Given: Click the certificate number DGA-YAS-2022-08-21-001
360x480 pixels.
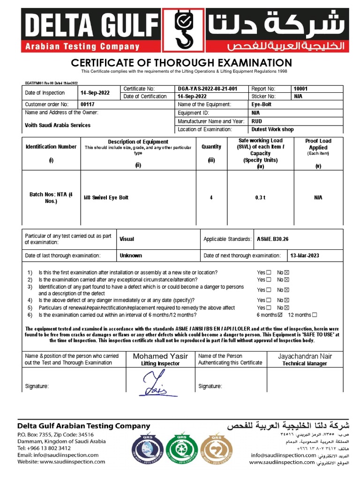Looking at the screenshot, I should [x=207, y=89].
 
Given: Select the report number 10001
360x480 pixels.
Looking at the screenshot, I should [x=300, y=89].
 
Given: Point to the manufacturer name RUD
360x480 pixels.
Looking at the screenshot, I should [x=257, y=121].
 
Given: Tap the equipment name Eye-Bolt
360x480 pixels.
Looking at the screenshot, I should [x=262, y=105].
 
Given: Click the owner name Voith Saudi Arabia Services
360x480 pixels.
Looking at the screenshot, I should [x=58, y=125].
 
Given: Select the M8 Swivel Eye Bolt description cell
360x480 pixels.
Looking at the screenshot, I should [x=106, y=198].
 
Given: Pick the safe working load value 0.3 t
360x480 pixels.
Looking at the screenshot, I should [x=260, y=198].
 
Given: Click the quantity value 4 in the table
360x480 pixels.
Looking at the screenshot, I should [x=211, y=198].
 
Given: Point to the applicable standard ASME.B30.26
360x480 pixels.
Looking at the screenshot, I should [x=273, y=239].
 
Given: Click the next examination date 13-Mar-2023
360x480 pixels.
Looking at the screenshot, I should [x=304, y=255].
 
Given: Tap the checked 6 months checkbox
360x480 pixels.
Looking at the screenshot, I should [x=280, y=315].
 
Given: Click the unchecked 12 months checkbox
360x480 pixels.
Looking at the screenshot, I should [x=315, y=315].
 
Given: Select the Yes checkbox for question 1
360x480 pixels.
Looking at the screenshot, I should [x=269, y=272].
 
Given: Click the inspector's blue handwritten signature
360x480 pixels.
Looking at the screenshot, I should [x=155, y=383].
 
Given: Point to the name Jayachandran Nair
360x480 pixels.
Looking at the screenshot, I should [x=305, y=356].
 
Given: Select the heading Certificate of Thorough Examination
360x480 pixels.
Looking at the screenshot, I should [x=181, y=63].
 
